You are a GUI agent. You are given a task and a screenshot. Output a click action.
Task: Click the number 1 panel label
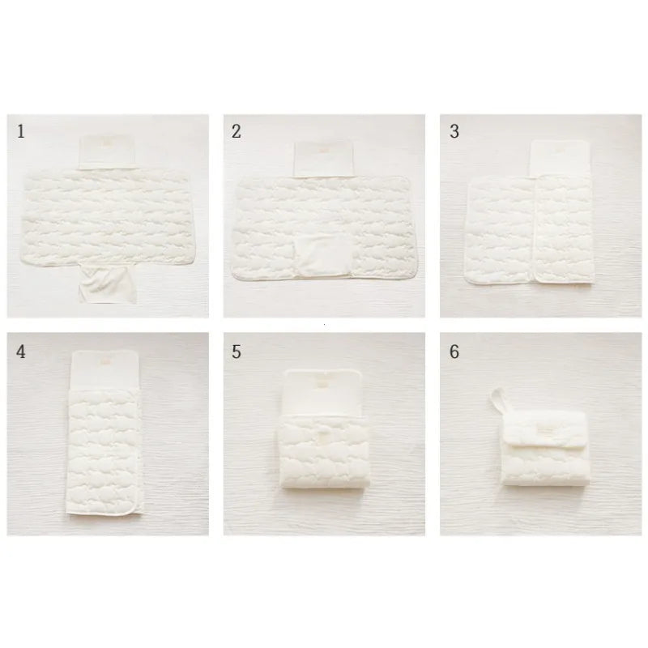[x=20, y=132]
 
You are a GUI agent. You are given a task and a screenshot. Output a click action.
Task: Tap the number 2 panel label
[x=236, y=132]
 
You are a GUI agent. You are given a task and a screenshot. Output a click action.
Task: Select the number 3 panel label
[x=454, y=132]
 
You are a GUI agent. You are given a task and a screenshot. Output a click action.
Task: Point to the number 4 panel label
[x=20, y=352]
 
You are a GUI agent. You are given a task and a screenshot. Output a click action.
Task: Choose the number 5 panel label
[x=236, y=352]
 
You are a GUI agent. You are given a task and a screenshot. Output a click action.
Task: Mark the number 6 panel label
[x=454, y=352]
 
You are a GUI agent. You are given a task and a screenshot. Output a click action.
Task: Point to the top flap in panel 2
[x=324, y=156]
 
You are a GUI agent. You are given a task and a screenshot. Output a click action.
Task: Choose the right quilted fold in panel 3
[x=567, y=231]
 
